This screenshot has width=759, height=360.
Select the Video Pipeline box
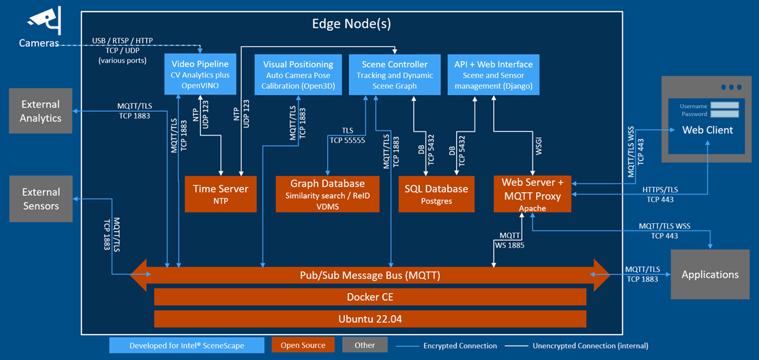(200, 75)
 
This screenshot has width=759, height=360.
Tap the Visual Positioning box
(298, 75)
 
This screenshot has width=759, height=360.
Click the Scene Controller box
(393, 75)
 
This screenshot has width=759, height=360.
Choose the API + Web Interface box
(493, 75)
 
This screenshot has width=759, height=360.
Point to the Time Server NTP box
(220, 194)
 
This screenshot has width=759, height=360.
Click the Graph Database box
(327, 194)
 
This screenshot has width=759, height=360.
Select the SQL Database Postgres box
(436, 194)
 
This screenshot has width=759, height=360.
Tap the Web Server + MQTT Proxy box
(533, 194)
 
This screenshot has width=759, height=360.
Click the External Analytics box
(41, 111)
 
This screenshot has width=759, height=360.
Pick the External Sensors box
(41, 199)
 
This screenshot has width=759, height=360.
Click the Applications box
(710, 274)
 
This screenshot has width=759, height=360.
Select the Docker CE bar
(370, 297)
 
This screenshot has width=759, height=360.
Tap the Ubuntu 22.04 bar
(370, 319)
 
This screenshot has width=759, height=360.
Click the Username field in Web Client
(724, 105)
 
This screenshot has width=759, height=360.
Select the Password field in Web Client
(724, 114)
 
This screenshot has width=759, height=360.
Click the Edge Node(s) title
(352, 24)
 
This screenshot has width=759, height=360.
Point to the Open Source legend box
(303, 345)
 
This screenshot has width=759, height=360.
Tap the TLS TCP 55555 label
(347, 135)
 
